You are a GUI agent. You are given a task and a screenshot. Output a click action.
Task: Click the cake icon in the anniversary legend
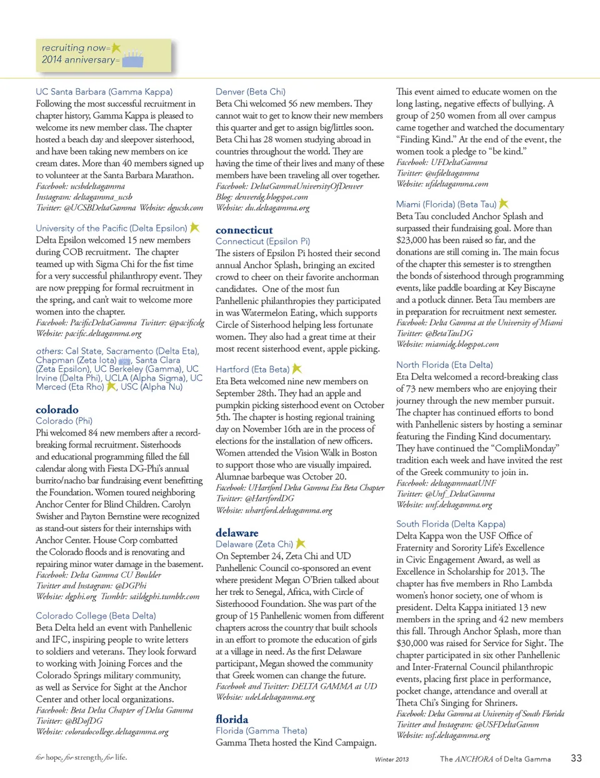click(x=132, y=59)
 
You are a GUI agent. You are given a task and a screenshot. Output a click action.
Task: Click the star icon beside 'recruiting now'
click(x=116, y=47)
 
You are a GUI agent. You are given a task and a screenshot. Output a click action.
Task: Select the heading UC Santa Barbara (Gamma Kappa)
click(x=104, y=91)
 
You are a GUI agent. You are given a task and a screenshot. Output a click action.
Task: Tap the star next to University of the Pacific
click(x=194, y=227)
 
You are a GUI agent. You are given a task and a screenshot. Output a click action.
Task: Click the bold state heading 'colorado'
click(x=57, y=409)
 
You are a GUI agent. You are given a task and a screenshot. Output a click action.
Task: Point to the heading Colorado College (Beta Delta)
click(x=96, y=616)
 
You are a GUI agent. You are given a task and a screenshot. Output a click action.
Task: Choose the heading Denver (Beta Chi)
click(x=250, y=91)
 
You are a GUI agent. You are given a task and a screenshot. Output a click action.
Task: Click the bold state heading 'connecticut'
click(x=244, y=230)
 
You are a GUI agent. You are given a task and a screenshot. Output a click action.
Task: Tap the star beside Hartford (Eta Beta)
click(x=297, y=369)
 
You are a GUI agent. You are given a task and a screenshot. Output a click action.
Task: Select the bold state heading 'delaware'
click(x=237, y=532)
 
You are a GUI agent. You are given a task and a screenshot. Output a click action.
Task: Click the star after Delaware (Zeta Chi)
click(x=301, y=544)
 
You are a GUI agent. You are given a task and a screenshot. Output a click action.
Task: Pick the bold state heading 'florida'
click(x=232, y=719)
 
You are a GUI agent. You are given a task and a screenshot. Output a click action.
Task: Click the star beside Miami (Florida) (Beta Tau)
click(x=504, y=204)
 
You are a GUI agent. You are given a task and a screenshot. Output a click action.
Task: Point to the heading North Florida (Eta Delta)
click(x=444, y=364)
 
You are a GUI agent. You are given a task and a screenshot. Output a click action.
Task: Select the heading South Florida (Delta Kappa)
click(x=451, y=524)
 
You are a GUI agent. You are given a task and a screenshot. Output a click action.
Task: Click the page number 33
click(x=576, y=758)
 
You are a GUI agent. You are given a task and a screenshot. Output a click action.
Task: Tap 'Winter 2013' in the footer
click(x=392, y=759)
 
